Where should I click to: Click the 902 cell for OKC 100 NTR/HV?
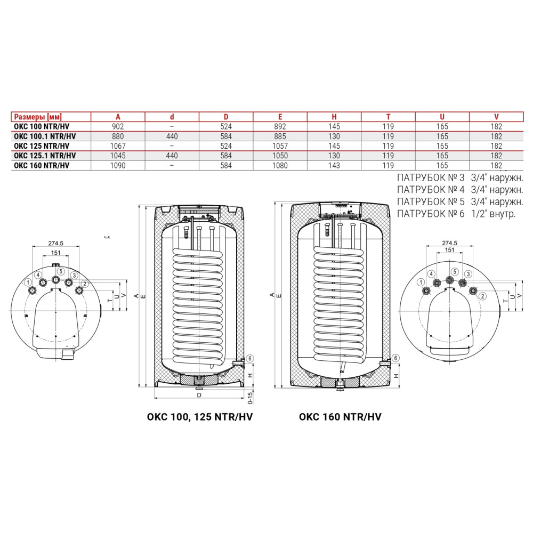[118, 126]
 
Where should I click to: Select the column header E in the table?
[280, 117]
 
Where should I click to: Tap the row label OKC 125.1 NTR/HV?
[45, 156]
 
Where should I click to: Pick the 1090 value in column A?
[118, 166]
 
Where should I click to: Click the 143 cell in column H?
[334, 166]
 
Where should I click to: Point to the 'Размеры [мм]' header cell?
[38, 117]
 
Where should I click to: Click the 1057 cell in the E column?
[280, 146]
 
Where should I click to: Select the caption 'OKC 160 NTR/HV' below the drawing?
[340, 417]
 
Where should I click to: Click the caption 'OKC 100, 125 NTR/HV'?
[200, 417]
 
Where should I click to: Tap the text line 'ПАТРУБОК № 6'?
[430, 214]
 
